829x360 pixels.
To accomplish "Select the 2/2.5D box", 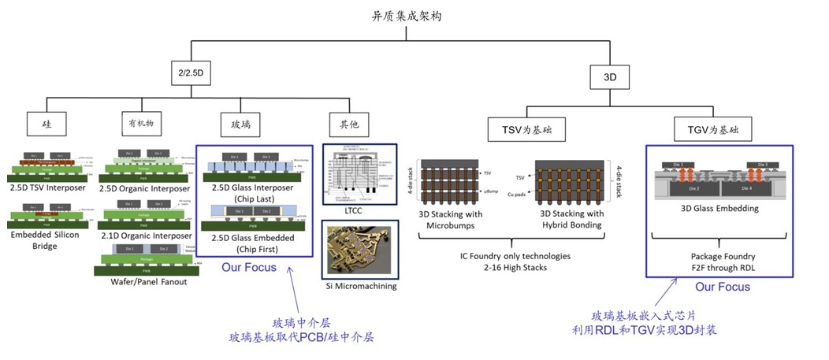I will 191,73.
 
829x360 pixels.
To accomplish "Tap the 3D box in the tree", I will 609,77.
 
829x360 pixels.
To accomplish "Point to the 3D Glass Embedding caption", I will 710,209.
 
